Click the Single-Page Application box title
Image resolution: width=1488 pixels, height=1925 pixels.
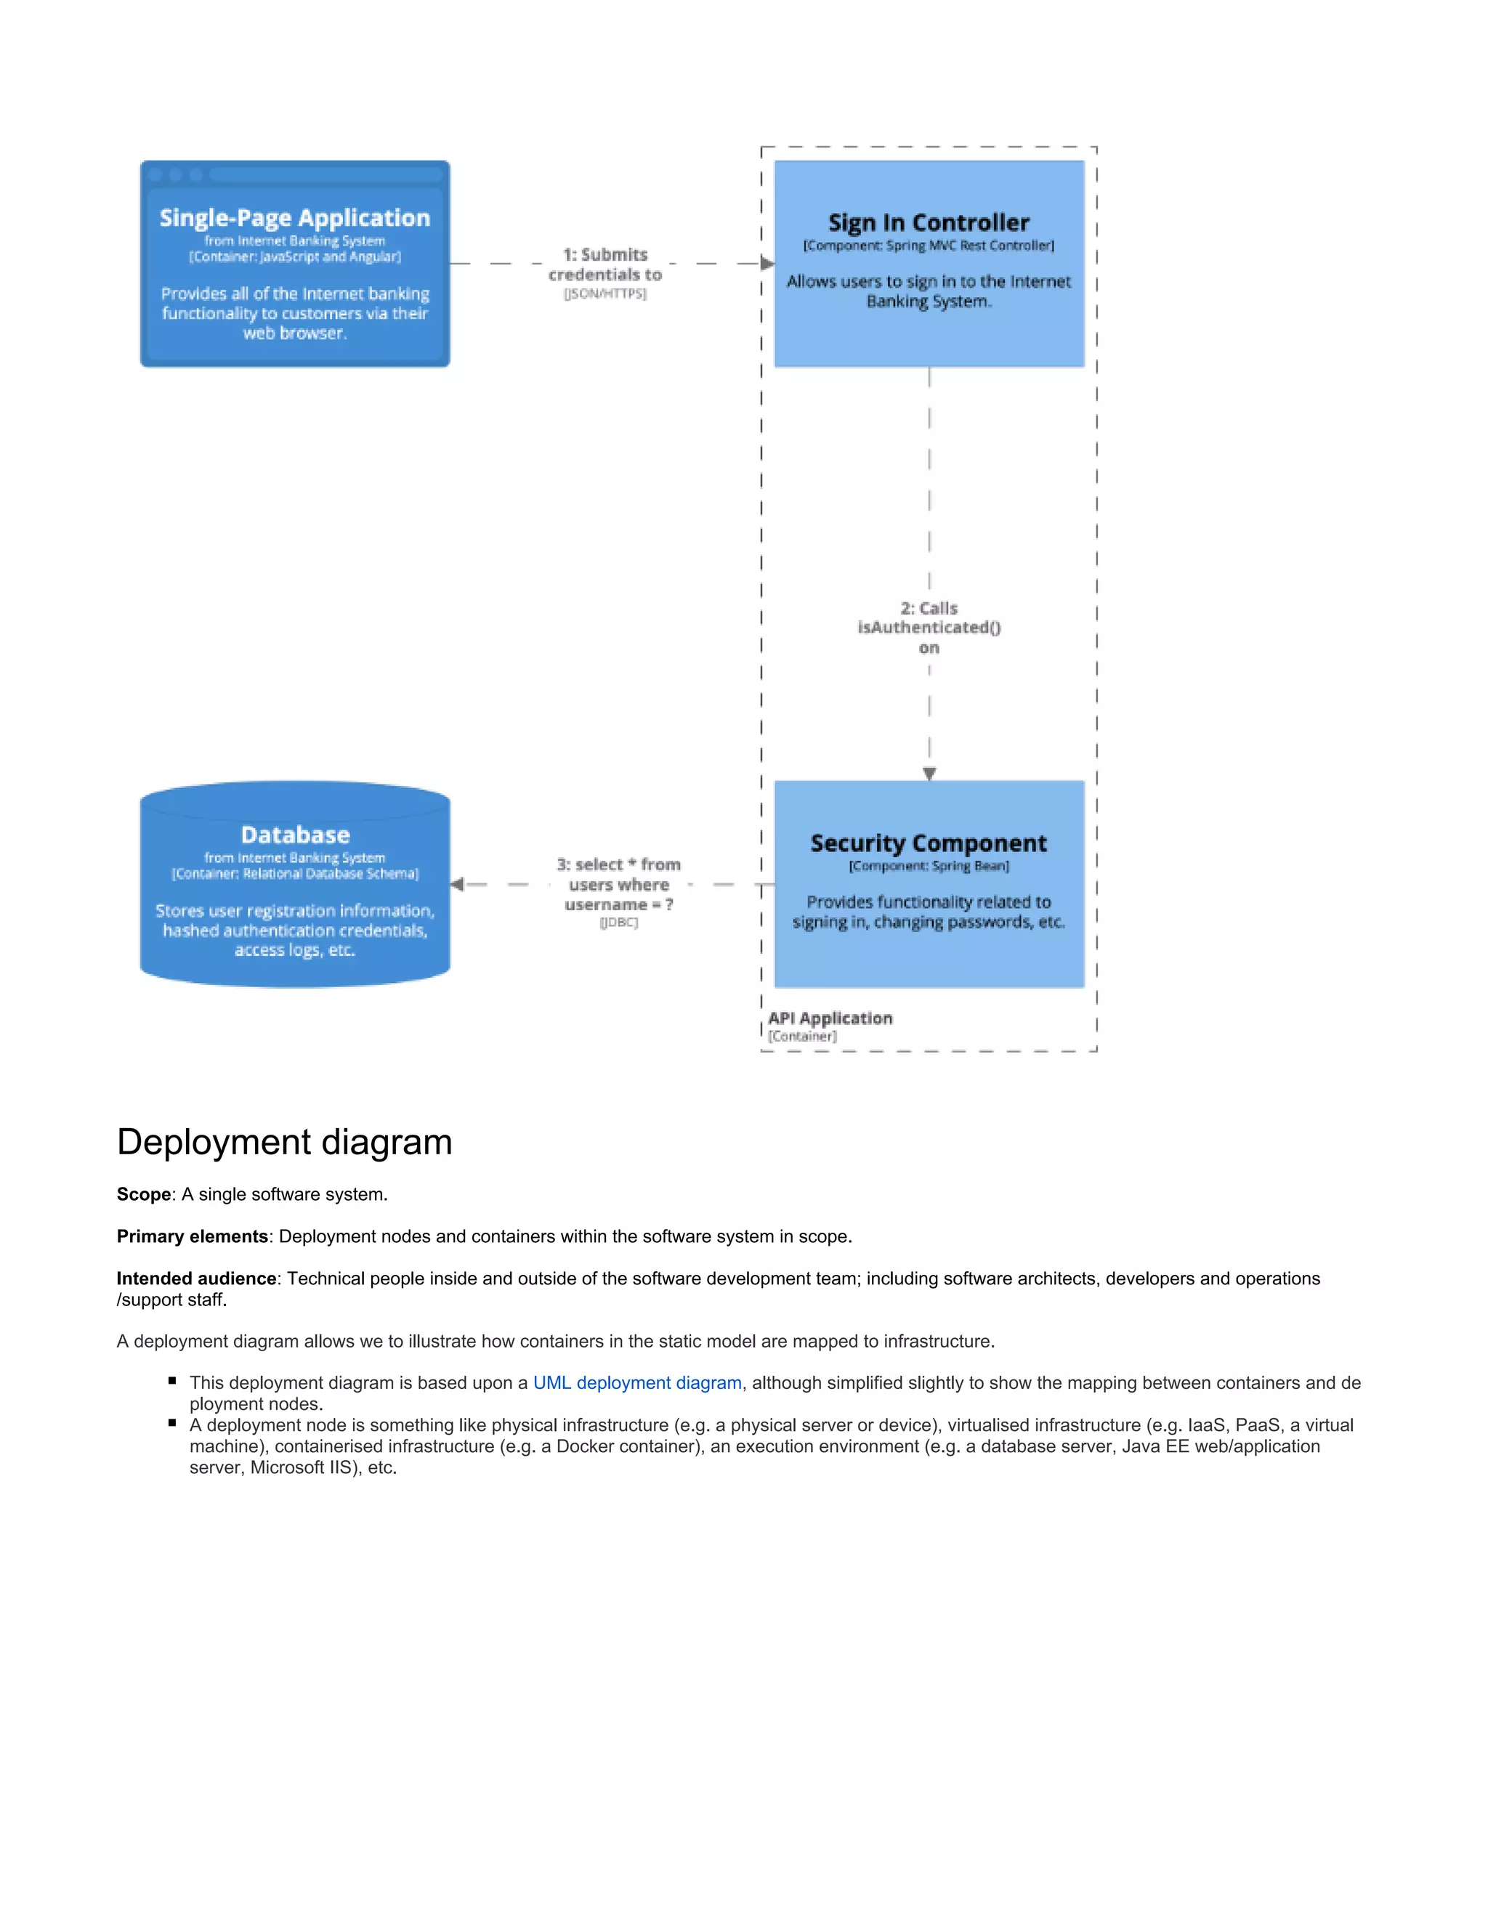pos(294,218)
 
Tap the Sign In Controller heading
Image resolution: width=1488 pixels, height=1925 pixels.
pos(929,222)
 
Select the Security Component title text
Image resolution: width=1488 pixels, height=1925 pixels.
pos(929,843)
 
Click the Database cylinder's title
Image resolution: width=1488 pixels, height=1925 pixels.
pos(294,834)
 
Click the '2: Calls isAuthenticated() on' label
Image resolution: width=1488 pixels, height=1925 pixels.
pos(929,627)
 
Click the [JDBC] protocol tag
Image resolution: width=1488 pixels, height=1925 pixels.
pos(618,922)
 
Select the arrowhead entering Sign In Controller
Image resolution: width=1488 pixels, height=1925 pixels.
pos(767,263)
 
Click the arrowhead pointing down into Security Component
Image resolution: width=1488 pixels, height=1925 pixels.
pos(929,773)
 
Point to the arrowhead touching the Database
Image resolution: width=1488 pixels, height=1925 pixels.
pos(456,884)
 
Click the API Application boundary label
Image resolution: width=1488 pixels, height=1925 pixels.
pos(830,1018)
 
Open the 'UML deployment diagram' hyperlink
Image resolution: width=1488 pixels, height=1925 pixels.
pos(636,1382)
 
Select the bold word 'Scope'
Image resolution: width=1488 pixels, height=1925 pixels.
pos(144,1194)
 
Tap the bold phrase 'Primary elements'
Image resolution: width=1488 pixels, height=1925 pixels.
pos(192,1236)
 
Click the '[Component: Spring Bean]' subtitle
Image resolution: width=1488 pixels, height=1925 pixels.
pos(929,866)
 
